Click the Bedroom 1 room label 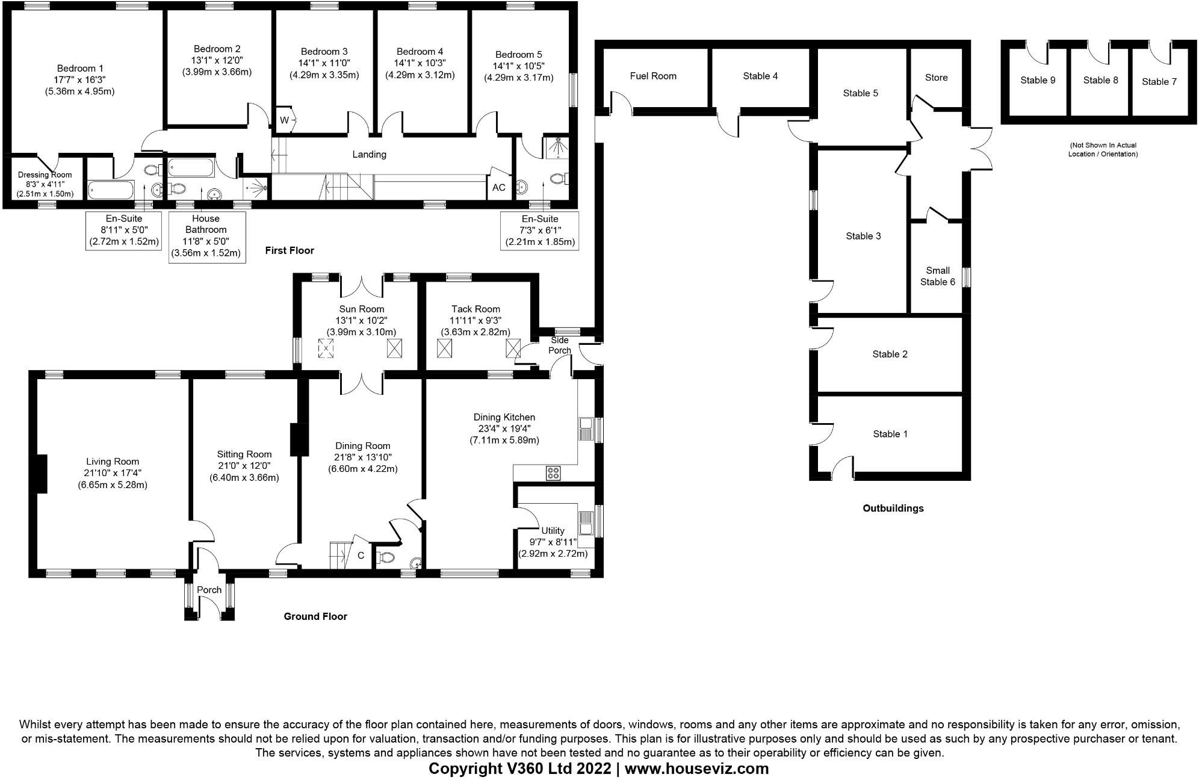80,69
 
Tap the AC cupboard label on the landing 498,188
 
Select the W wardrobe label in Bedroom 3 284,120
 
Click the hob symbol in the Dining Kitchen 553,473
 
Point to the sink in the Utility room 585,522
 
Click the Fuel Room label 653,76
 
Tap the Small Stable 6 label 937,276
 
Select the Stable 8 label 1100,81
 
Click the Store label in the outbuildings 936,78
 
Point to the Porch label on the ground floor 209,590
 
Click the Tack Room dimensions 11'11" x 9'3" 476,321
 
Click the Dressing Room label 45,175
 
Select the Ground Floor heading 315,616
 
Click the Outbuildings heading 893,509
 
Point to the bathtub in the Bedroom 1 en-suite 111,191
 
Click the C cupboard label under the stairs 361,556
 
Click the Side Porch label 559,345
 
